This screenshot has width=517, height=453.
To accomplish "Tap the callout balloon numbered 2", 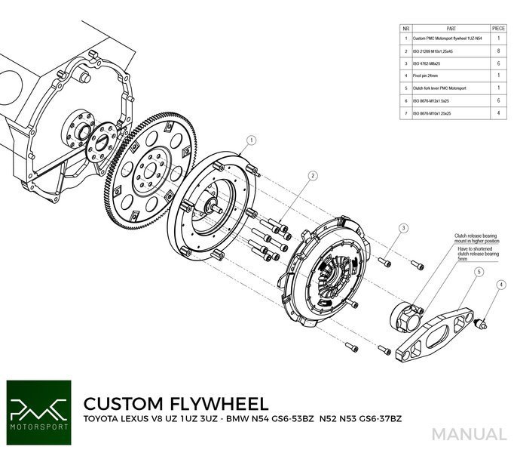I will [311, 175].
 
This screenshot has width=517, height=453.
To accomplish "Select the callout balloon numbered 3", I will [403, 228].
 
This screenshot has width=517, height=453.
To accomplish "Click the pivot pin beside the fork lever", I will [482, 322].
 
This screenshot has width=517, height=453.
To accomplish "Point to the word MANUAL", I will [470, 435].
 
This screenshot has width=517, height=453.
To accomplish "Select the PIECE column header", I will [497, 26].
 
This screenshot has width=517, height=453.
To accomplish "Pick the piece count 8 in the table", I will [497, 51].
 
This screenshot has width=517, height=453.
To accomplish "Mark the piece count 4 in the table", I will [497, 113].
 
